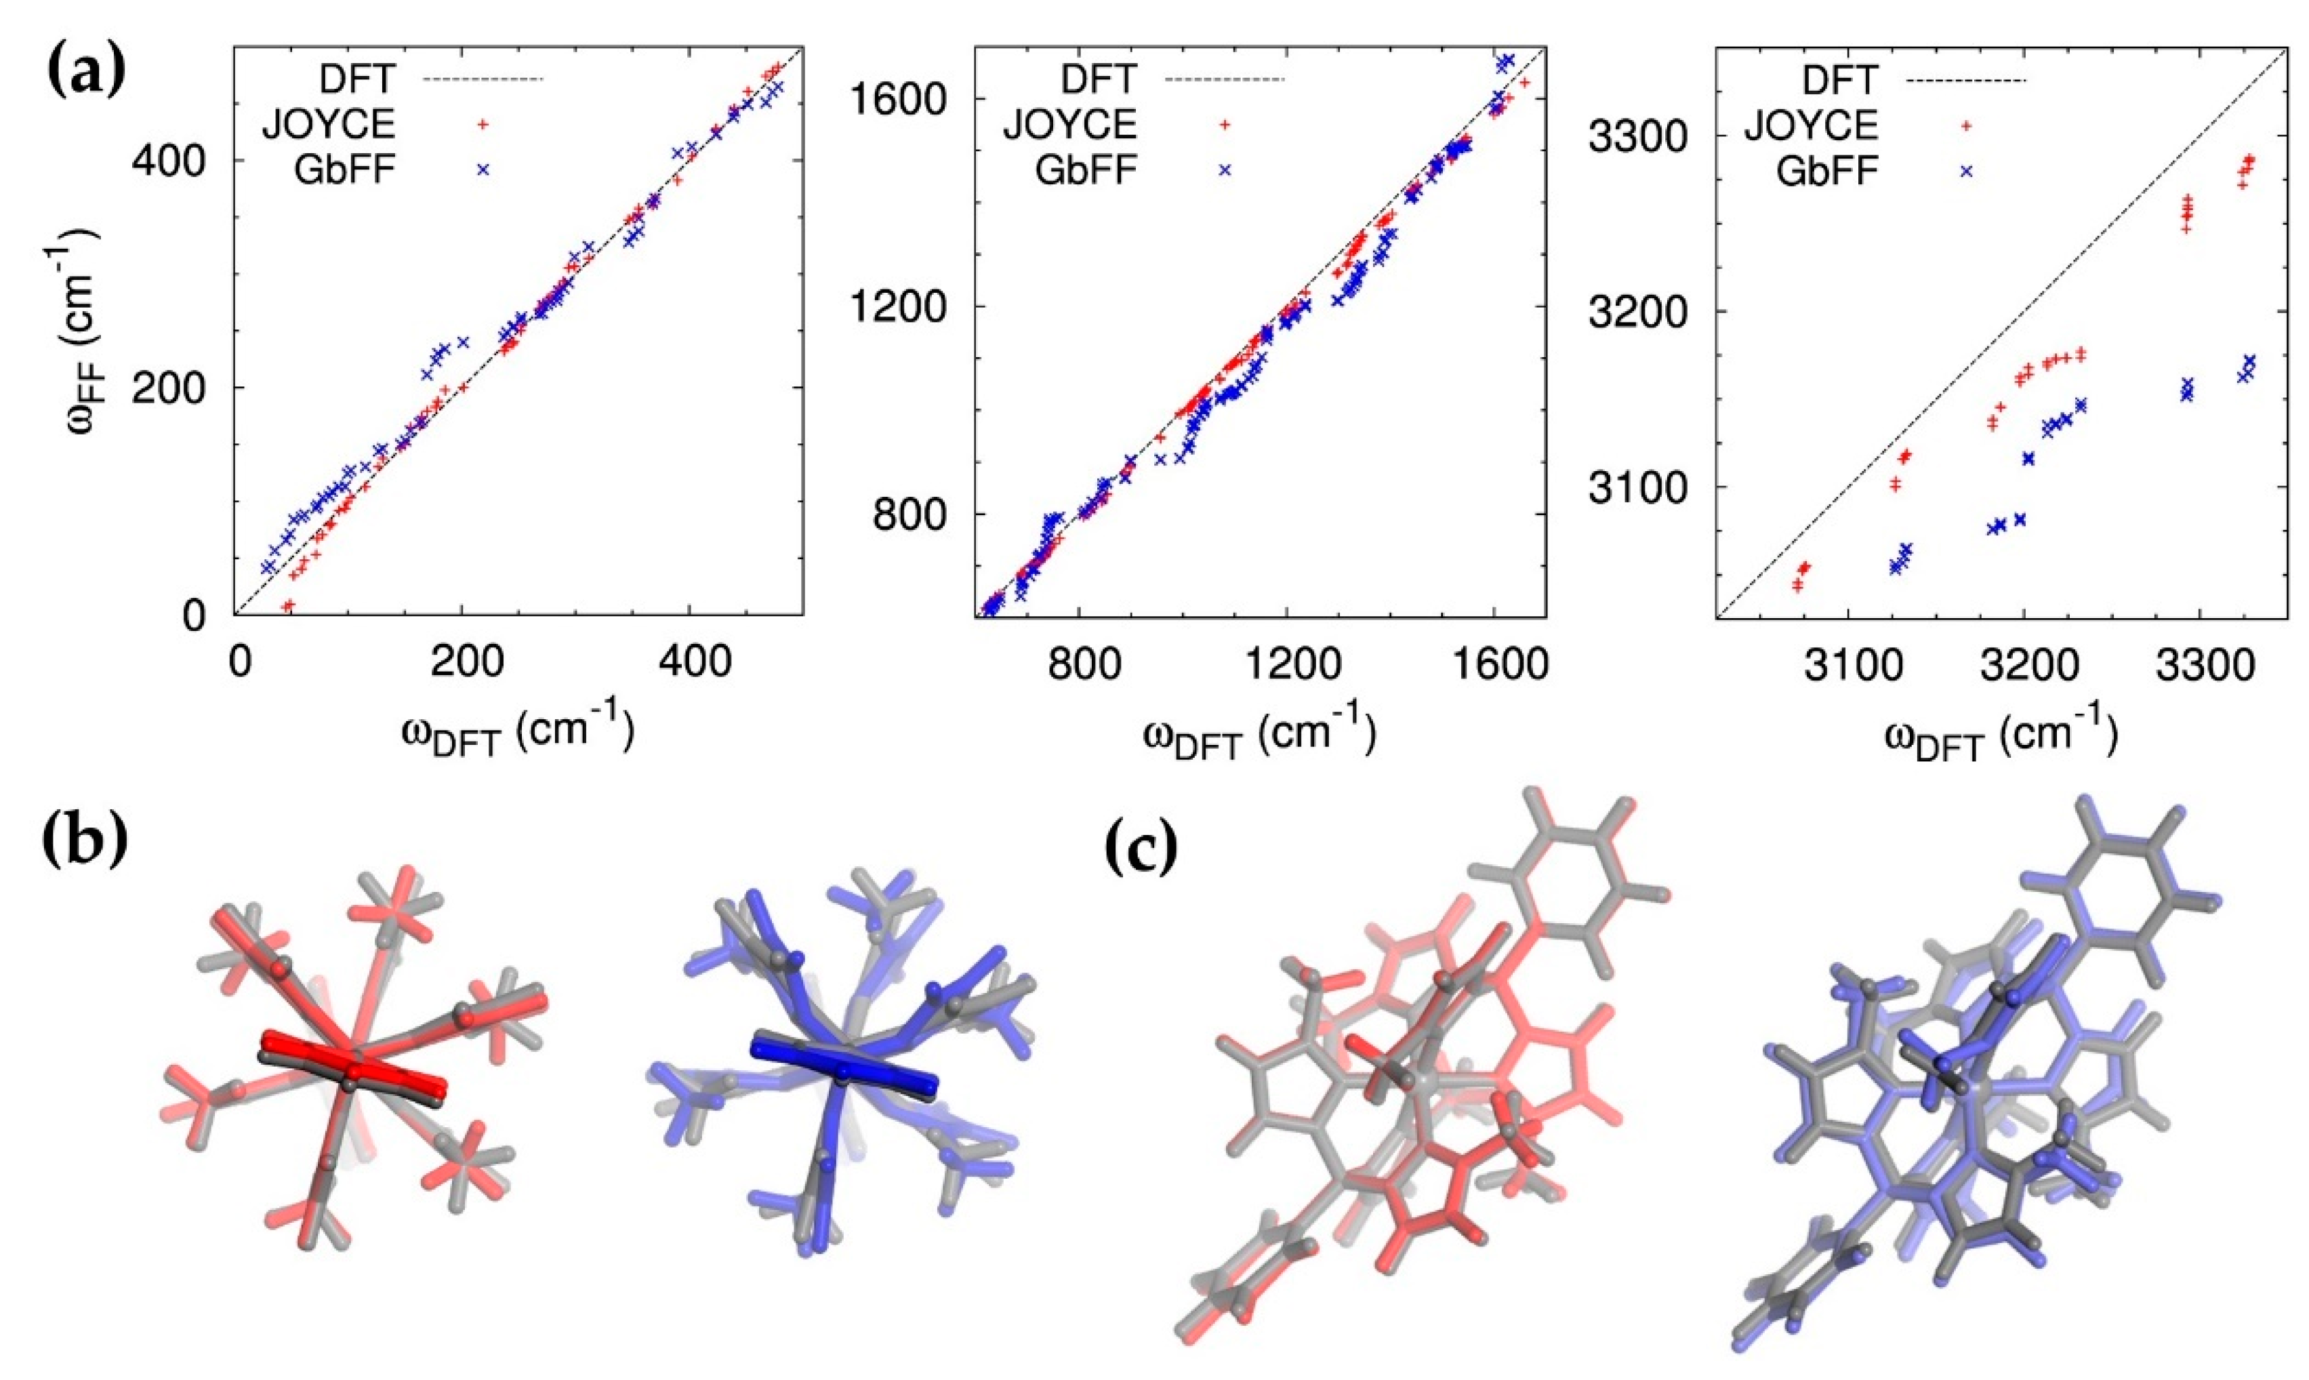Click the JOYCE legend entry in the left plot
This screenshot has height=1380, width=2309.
[x=330, y=123]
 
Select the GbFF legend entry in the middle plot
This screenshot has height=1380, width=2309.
[x=1085, y=169]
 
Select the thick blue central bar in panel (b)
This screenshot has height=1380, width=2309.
[x=841, y=1064]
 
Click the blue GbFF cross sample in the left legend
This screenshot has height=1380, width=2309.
[x=483, y=168]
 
